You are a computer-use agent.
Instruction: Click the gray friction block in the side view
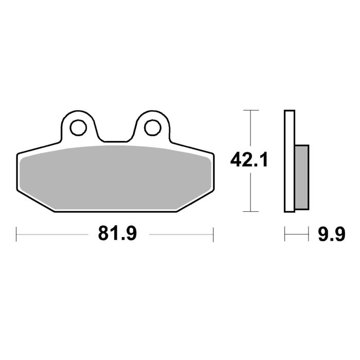(301, 175)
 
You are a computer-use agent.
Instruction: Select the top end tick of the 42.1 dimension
(250, 111)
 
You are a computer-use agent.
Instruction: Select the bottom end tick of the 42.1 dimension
(250, 211)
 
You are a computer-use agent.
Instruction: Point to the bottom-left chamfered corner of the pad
(36, 203)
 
